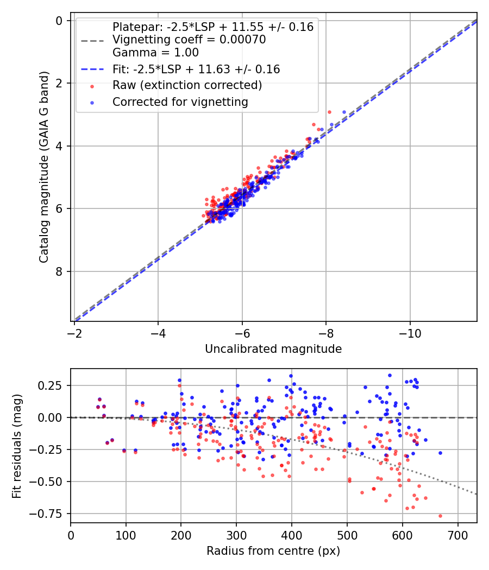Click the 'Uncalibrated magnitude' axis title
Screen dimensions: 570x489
(273, 349)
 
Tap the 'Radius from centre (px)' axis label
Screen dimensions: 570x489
(273, 550)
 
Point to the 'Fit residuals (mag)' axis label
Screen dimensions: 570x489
(17, 445)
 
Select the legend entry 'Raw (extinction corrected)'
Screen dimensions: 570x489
(187, 85)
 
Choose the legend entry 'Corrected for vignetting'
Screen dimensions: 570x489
(180, 102)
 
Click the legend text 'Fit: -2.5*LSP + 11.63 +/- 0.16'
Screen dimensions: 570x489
(196, 69)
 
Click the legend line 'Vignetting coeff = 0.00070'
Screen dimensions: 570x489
(189, 40)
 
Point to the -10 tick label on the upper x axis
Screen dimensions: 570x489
(410, 332)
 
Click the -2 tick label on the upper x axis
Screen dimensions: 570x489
(75, 332)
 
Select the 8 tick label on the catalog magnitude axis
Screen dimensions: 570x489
(60, 271)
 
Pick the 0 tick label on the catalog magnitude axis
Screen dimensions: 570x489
(60, 21)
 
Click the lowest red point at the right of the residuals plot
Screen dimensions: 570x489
(440, 516)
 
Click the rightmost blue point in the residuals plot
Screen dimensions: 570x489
(440, 453)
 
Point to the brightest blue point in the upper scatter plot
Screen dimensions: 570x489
(344, 112)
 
